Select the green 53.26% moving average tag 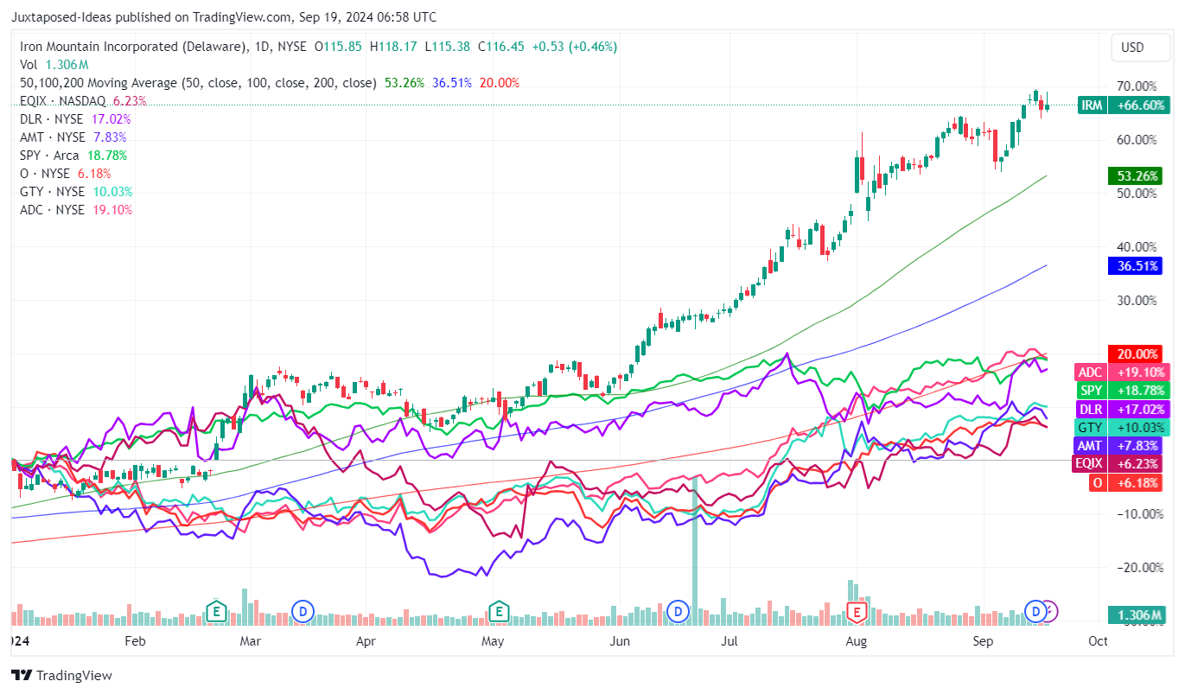point(1134,176)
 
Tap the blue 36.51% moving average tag point(1134,266)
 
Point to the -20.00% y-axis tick point(1136,567)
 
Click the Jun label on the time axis point(619,641)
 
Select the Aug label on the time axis point(856,641)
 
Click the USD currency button point(1132,48)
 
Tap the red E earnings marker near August point(857,612)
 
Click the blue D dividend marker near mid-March point(303,612)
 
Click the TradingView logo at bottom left point(61,675)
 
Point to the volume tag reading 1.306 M point(1134,615)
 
